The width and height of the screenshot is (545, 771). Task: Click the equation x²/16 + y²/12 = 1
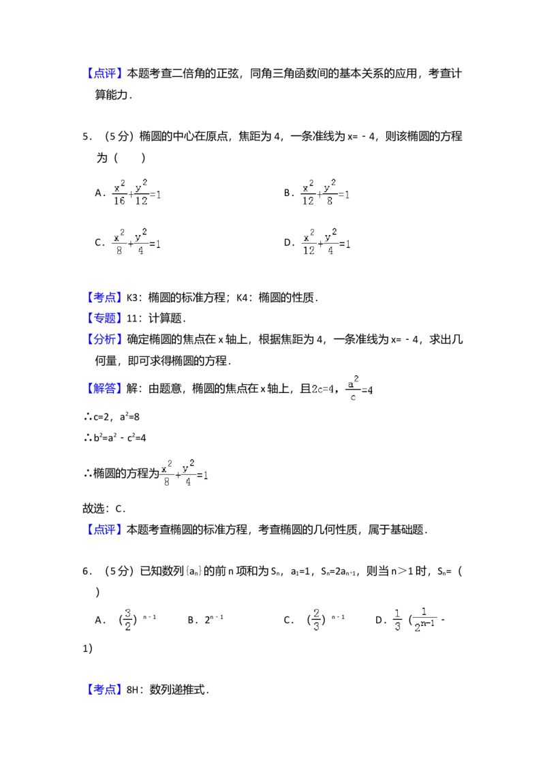136,191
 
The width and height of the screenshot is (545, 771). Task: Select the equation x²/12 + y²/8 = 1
327,191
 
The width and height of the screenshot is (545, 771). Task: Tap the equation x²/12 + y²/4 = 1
327,242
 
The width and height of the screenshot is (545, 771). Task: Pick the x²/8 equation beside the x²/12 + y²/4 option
136,242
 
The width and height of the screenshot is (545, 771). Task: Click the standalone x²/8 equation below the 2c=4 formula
185,474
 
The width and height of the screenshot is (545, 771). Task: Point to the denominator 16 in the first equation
119,200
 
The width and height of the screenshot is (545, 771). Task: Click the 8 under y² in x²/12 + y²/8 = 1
330,200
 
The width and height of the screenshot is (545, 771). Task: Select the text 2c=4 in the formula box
324,390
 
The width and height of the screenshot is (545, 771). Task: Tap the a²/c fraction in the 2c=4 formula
354,387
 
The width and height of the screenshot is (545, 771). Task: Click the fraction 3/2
128,618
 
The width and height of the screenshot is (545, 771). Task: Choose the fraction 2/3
316,618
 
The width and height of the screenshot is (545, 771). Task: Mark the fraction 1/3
398,618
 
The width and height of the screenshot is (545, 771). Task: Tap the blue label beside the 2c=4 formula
106,389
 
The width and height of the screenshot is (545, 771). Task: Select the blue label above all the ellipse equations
106,73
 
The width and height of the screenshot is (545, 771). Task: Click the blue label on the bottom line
106,689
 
